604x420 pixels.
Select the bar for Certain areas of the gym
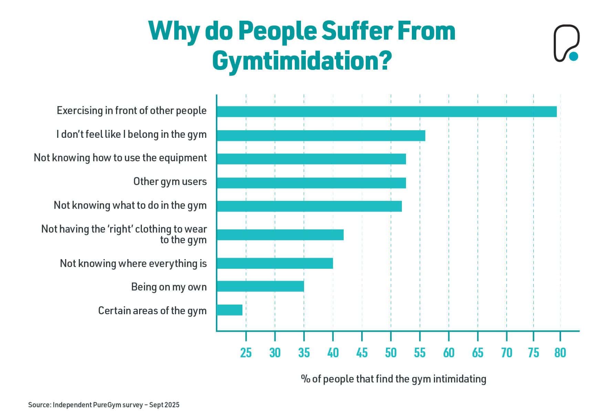pos(230,310)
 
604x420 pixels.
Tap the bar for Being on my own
pos(260,286)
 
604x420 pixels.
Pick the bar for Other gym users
pos(311,183)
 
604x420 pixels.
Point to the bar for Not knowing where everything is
pos(275,263)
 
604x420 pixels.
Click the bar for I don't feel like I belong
pos(321,135)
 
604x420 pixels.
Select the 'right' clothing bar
pos(280,235)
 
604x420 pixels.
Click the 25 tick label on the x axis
pos(246,353)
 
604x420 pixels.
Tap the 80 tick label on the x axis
pos(560,353)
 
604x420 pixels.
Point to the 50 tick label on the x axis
pos(390,353)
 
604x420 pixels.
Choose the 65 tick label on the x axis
pos(478,353)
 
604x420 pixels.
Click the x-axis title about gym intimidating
pos(393,379)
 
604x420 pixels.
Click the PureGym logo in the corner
pos(566,43)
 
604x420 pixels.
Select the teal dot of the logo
pos(573,56)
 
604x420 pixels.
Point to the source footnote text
pos(104,405)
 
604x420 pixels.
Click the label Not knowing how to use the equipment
pos(120,158)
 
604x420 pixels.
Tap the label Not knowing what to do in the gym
pos(130,205)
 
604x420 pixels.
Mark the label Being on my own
pos(169,287)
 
